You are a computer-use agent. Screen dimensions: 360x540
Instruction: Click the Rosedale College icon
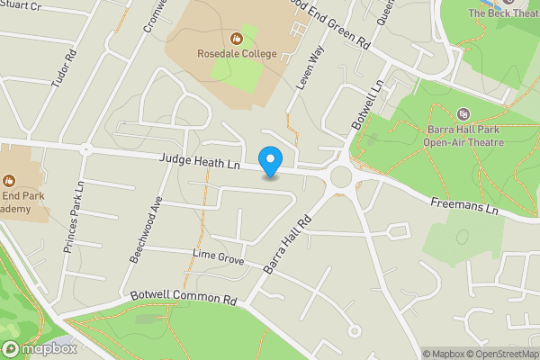pyautogui.click(x=235, y=38)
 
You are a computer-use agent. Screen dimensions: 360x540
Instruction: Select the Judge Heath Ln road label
pyautogui.click(x=200, y=162)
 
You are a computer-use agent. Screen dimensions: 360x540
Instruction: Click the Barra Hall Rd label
pyautogui.click(x=287, y=243)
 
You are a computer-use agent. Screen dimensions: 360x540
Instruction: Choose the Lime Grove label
pyautogui.click(x=218, y=258)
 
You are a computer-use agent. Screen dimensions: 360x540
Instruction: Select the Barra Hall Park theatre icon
pyautogui.click(x=463, y=113)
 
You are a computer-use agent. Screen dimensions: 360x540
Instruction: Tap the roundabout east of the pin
pyautogui.click(x=341, y=175)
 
